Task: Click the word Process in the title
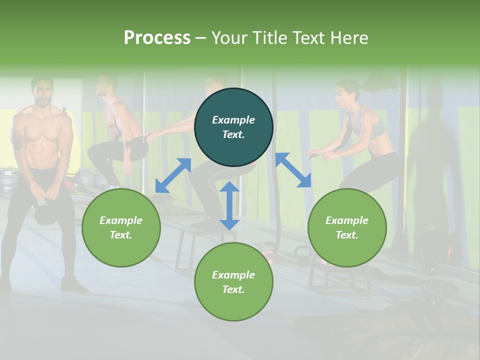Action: (x=157, y=38)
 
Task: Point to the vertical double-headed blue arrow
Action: (x=229, y=205)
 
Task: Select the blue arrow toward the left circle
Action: (x=173, y=175)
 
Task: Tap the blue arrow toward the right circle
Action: (x=293, y=170)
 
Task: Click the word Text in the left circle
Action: (x=121, y=235)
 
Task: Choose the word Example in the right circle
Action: (x=347, y=220)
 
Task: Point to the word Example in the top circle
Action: (x=233, y=120)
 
